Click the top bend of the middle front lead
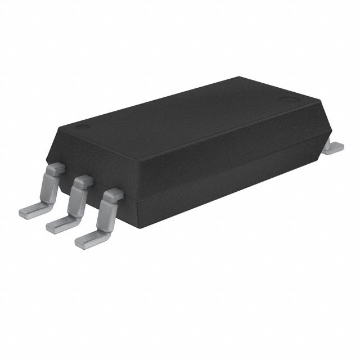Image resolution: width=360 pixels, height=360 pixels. point(83,181)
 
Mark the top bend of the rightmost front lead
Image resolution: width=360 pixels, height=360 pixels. point(112,195)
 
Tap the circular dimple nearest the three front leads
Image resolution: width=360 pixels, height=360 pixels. point(83,127)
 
